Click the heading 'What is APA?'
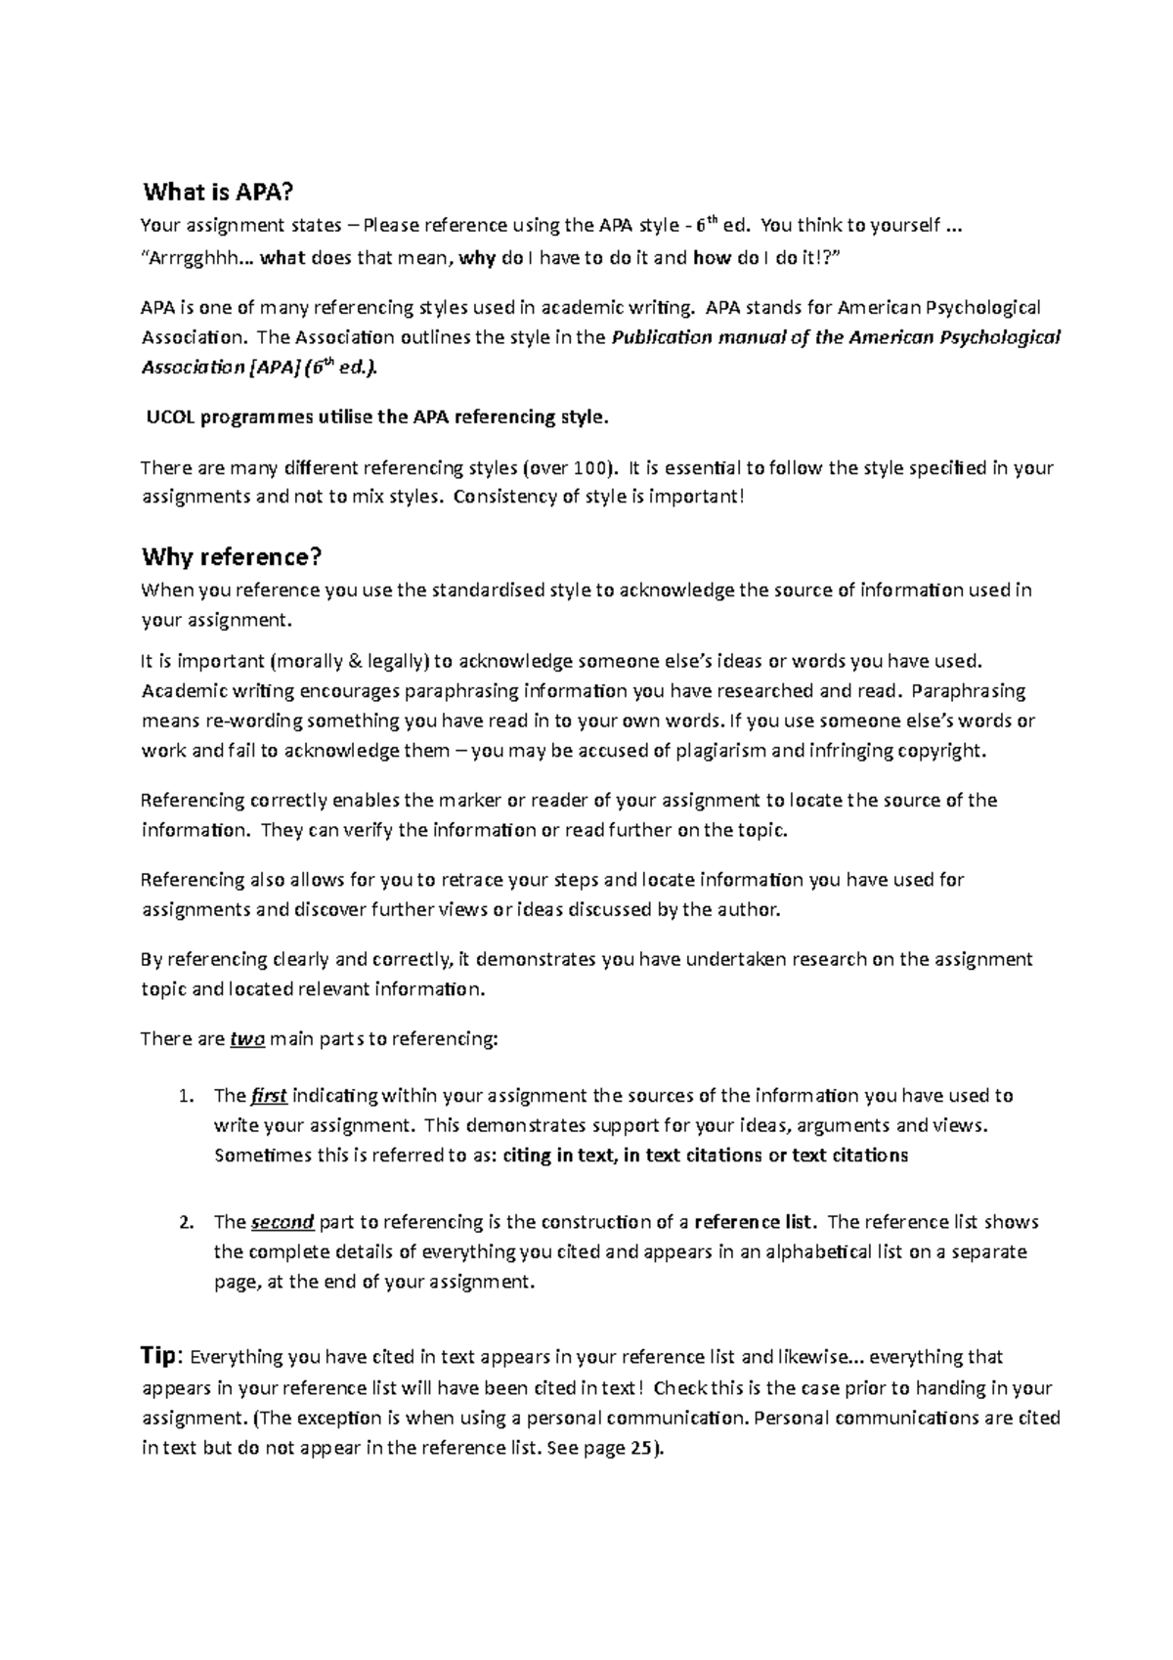point(204,192)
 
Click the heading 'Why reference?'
point(232,557)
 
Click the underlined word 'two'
point(247,1039)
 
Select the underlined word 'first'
point(269,1095)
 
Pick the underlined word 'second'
point(282,1222)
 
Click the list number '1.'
point(188,1096)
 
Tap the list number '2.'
point(188,1223)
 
